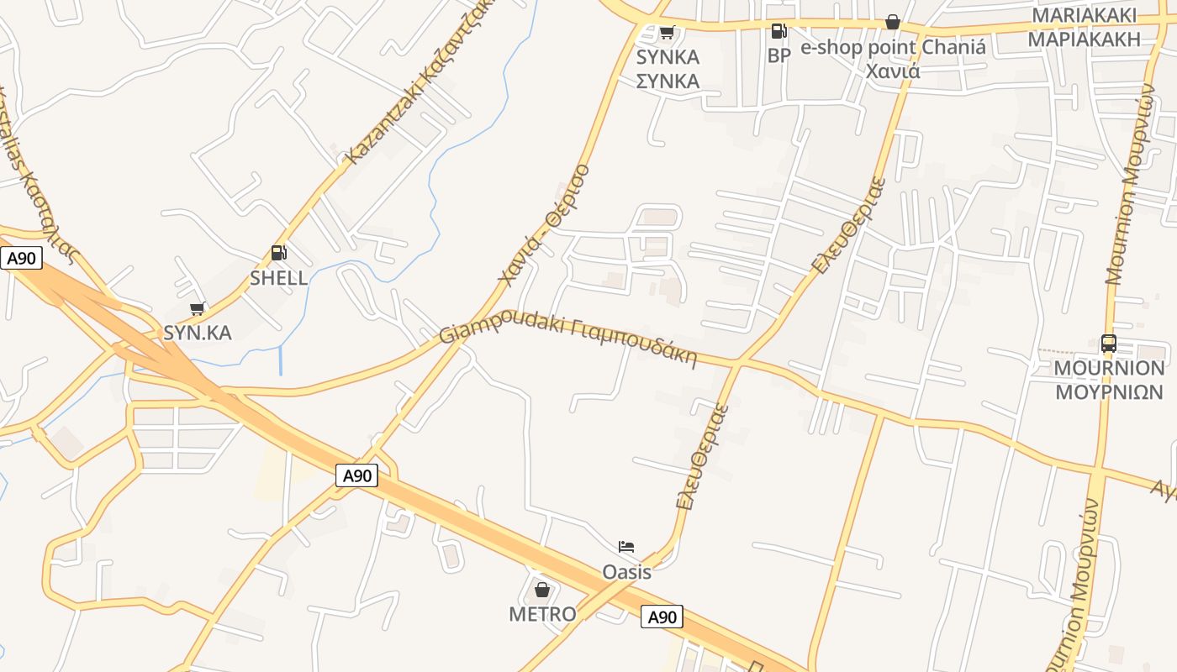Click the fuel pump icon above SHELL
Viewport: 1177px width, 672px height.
pyautogui.click(x=278, y=253)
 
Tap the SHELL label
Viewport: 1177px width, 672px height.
pyautogui.click(x=278, y=278)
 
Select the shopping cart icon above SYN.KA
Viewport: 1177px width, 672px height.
pyautogui.click(x=198, y=308)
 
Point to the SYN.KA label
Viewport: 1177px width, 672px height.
pyautogui.click(x=198, y=333)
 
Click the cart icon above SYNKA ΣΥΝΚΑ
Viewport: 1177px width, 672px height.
pyautogui.click(x=667, y=33)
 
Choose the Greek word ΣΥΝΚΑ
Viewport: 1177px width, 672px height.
pyautogui.click(x=668, y=81)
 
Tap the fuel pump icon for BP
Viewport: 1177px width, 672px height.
pyautogui.click(x=779, y=31)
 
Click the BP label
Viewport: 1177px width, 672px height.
pyautogui.click(x=779, y=55)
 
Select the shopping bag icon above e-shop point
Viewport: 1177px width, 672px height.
pyautogui.click(x=893, y=22)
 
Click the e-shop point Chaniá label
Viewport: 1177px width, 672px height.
pyautogui.click(x=893, y=48)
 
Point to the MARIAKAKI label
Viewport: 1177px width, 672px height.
pyautogui.click(x=1084, y=16)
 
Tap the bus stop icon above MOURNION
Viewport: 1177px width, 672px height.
pyautogui.click(x=1109, y=343)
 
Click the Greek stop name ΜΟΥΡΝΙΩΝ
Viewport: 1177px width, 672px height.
pyautogui.click(x=1110, y=392)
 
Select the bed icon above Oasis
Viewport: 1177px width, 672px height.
pyautogui.click(x=626, y=547)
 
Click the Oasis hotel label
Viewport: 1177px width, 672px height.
pyautogui.click(x=626, y=572)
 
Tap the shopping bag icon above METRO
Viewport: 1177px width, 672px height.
pyautogui.click(x=542, y=589)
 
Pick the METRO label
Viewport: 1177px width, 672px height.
pyautogui.click(x=542, y=614)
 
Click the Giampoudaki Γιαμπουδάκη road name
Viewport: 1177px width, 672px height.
pyautogui.click(x=568, y=339)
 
